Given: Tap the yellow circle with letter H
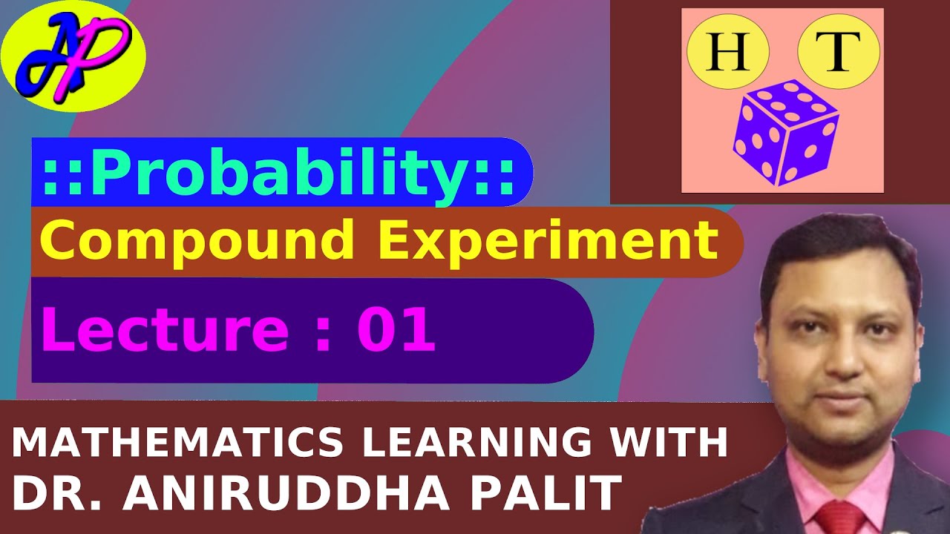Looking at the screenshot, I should [727, 55].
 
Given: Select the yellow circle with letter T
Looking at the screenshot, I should [838, 55].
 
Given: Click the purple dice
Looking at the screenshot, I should [784, 131].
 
